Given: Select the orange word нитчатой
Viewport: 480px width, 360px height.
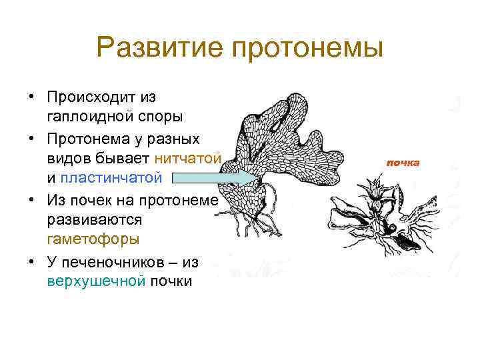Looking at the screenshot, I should [188, 158].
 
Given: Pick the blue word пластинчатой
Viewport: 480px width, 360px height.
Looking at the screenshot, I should [111, 177].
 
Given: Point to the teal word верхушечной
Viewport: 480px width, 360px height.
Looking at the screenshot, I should [95, 281].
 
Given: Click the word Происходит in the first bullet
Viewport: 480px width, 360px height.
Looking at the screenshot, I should [101, 97].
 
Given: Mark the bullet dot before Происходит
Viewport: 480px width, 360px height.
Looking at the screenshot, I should [31, 97].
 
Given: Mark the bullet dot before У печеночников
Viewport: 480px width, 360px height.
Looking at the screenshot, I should [31, 261].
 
